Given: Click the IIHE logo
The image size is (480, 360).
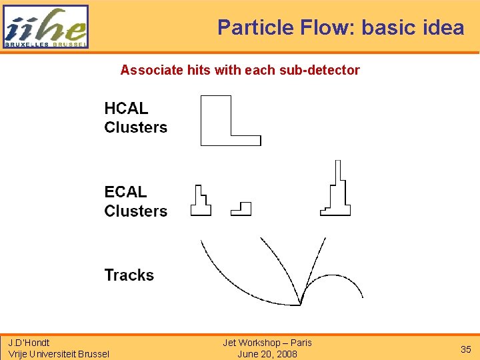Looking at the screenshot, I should coord(45,27).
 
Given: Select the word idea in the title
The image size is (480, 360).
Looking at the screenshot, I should coord(443,27).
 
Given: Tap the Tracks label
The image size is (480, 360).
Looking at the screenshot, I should coord(129,275).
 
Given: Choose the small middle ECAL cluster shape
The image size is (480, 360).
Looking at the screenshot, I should coord(242,209).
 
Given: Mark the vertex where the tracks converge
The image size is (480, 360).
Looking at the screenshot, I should coord(301,303).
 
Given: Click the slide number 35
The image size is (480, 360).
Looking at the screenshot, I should coord(465,349).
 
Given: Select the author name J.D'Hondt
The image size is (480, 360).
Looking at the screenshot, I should coord(29,343).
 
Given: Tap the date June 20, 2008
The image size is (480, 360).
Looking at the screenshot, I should coord(267,354).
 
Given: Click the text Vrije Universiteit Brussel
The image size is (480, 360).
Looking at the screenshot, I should coord(58,354).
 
